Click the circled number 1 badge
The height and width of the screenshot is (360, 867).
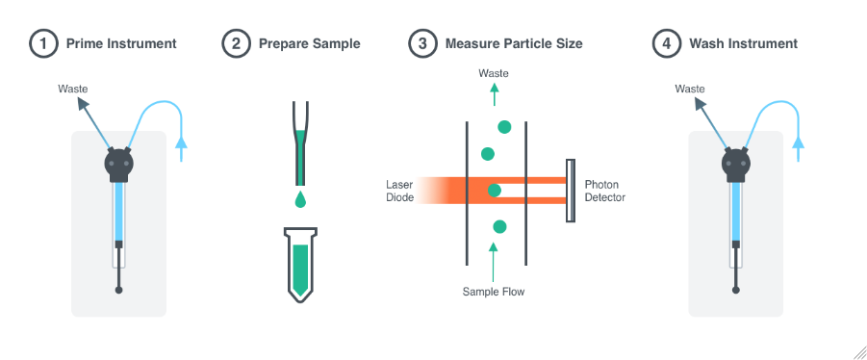click(x=41, y=43)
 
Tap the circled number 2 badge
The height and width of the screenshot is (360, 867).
click(x=235, y=43)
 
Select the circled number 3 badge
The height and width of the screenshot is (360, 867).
click(x=421, y=43)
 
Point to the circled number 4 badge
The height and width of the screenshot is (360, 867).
click(x=666, y=43)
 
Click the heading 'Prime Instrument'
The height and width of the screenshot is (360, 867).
click(x=120, y=43)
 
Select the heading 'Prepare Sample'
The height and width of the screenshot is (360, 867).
click(x=309, y=43)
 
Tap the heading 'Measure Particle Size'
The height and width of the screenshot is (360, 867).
click(x=514, y=43)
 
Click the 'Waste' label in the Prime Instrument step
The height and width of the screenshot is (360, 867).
click(x=73, y=89)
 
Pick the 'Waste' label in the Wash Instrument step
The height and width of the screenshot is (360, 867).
click(x=690, y=89)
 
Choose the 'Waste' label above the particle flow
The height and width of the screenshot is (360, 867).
click(x=495, y=73)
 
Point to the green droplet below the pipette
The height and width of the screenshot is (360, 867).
click(x=302, y=200)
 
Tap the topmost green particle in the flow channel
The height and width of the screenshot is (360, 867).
click(x=503, y=127)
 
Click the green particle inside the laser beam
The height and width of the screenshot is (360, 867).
click(x=495, y=190)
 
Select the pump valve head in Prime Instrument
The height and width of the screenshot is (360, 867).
click(x=118, y=164)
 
